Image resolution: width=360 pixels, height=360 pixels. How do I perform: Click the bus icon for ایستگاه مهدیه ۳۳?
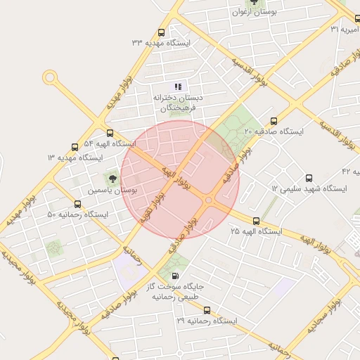pos(162,32)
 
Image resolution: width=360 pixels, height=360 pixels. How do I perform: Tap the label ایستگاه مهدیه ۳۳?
pos(161,43)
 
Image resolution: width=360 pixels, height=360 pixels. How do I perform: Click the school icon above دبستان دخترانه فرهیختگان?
pos(178,86)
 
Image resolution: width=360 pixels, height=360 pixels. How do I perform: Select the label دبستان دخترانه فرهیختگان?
pos(179,103)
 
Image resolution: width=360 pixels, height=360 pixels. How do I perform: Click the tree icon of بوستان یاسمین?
pos(112,178)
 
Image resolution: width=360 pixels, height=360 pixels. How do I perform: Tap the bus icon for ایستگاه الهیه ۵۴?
pos(109,133)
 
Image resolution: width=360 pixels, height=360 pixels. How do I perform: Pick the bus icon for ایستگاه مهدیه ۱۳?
pos(75,147)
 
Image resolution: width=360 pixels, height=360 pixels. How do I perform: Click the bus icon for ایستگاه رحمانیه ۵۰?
pos(77,204)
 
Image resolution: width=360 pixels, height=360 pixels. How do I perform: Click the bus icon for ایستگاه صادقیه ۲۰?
pos(274,120)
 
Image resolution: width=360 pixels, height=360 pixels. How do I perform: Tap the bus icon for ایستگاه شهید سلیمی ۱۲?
pos(309,178)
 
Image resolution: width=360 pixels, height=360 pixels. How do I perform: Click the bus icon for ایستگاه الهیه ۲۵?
pos(256,220)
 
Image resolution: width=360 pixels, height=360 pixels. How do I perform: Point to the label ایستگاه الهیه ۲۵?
pos(256,231)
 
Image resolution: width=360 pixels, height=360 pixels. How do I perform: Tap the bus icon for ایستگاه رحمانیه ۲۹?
pos(206,310)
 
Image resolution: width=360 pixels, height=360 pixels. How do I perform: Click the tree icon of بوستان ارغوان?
pos(255,3)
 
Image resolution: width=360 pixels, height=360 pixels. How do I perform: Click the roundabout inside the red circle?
pos(209,200)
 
